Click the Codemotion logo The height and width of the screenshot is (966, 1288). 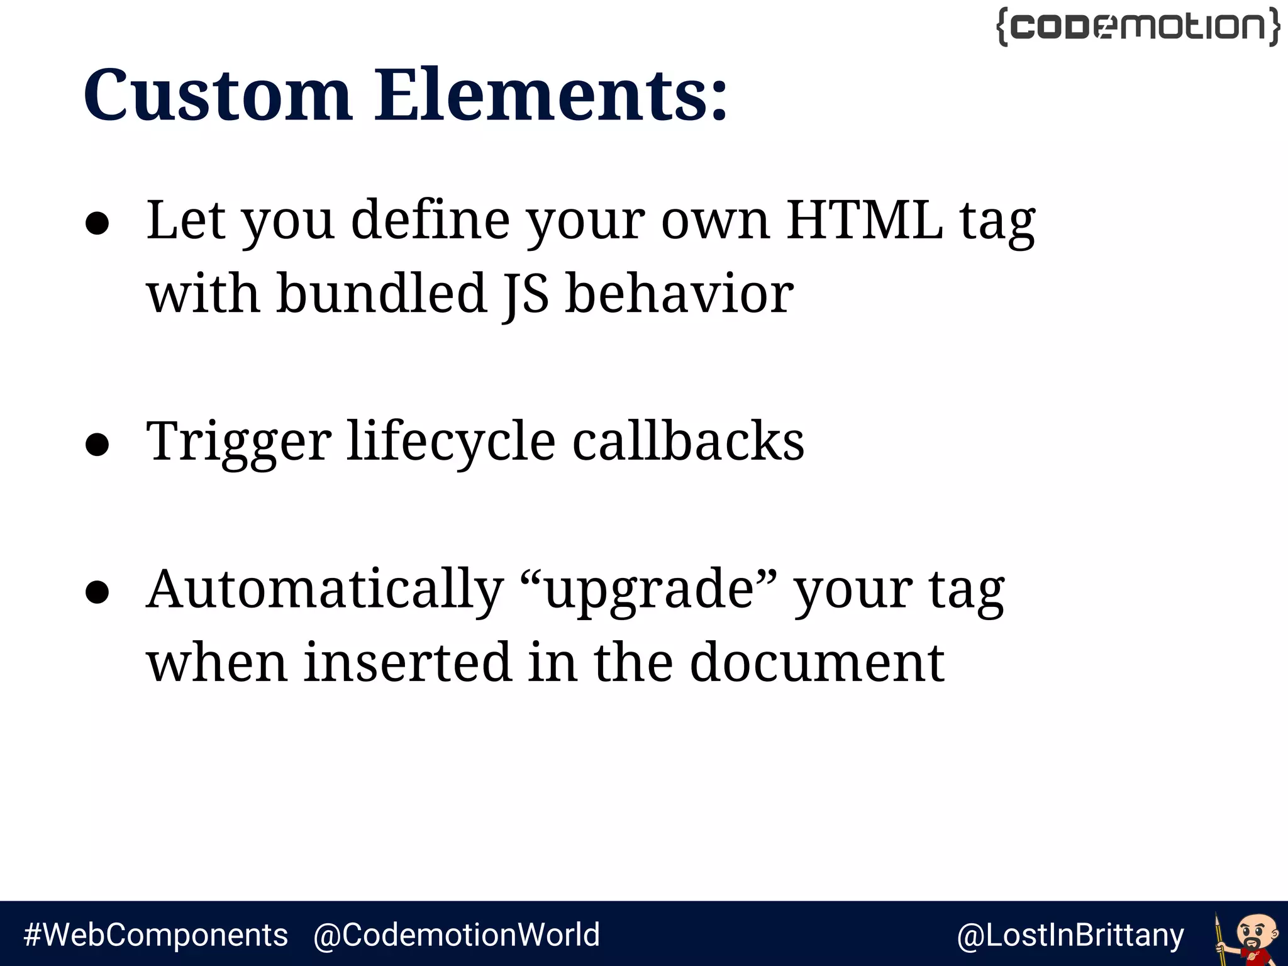click(1138, 27)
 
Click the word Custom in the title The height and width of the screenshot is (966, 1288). click(217, 96)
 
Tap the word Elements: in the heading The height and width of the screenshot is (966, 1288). click(551, 96)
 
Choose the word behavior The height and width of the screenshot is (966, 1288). click(679, 294)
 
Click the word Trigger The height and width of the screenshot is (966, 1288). click(239, 443)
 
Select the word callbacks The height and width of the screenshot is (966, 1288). click(688, 441)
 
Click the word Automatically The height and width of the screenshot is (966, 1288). click(325, 591)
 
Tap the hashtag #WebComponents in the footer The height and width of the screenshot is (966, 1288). click(155, 935)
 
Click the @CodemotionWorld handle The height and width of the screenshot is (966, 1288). click(457, 935)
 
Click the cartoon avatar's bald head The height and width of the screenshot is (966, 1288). click(1258, 925)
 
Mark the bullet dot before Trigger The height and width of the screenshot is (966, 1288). click(97, 445)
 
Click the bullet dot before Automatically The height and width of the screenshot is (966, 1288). click(97, 593)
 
